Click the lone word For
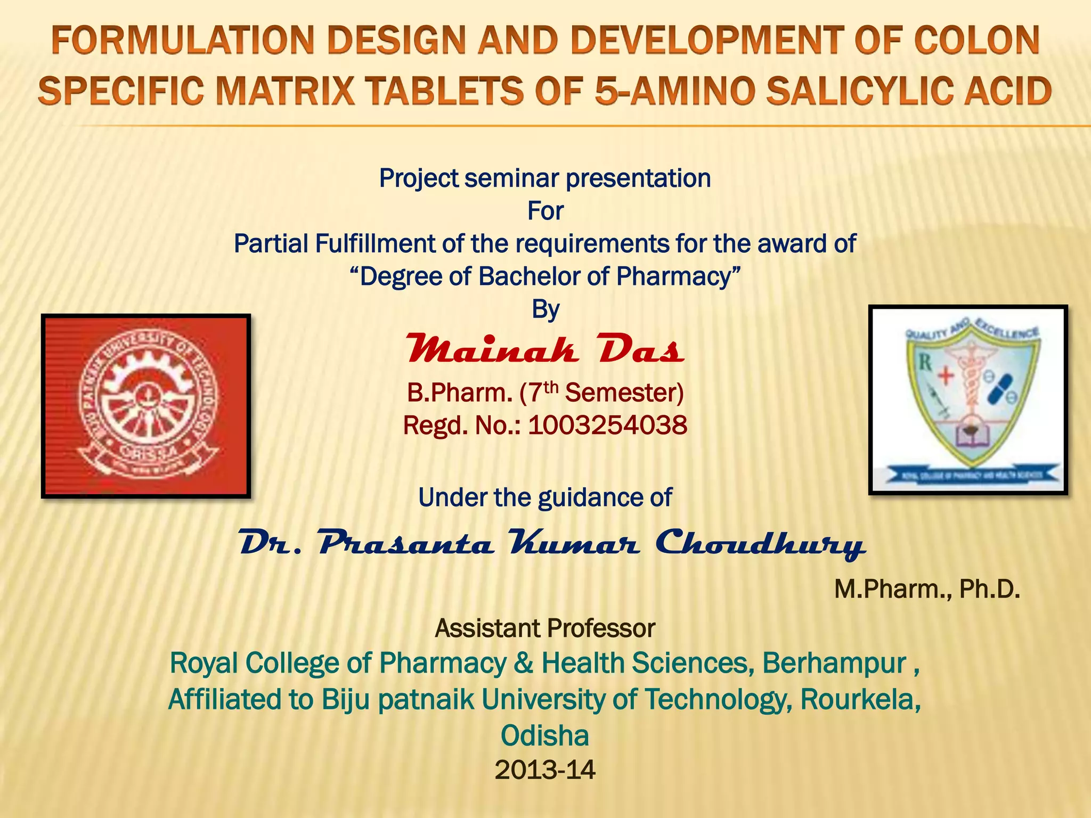point(545,211)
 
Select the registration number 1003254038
point(607,426)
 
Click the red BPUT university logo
point(146,406)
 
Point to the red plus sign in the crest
point(946,376)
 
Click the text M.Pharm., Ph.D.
point(927,590)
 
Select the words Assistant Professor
point(545,628)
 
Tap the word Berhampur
point(834,664)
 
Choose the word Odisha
point(545,736)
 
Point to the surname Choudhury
point(760,543)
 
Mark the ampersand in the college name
point(524,664)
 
